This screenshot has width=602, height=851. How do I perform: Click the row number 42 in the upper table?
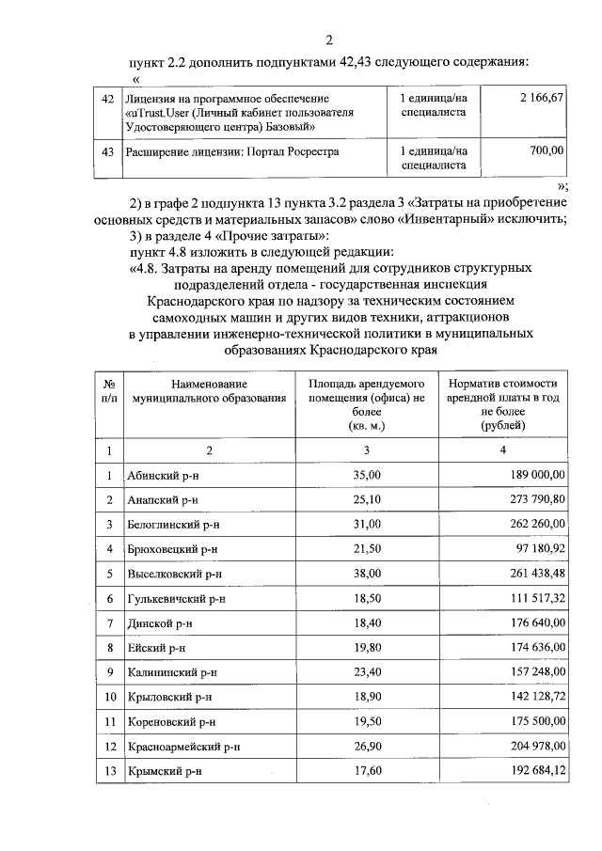(x=107, y=99)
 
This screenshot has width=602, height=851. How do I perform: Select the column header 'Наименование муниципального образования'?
(x=210, y=391)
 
